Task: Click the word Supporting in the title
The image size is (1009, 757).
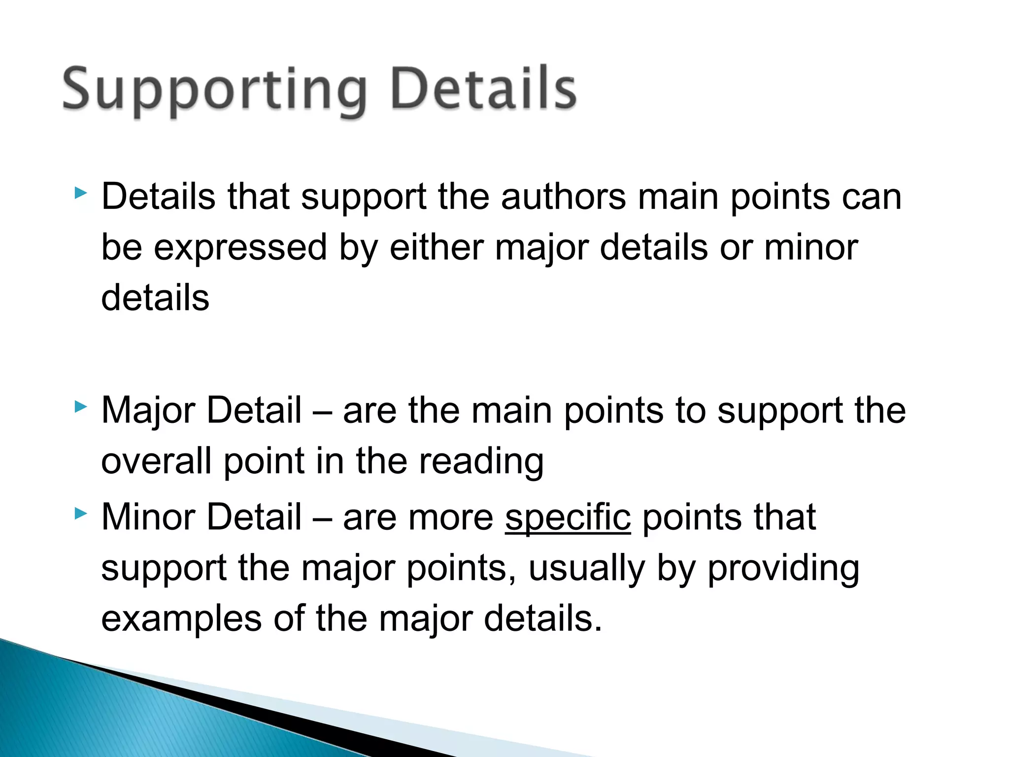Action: pos(214,91)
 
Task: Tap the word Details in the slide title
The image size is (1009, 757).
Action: pos(483,89)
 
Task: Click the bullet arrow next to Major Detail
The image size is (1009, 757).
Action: pos(80,407)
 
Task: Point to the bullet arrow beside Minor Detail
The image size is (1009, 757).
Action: pos(80,514)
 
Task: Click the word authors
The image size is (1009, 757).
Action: pos(564,197)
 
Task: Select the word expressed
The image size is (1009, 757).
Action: pos(240,248)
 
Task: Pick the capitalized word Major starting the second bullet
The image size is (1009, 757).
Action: pos(148,411)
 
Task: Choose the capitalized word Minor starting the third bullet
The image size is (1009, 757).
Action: pos(148,517)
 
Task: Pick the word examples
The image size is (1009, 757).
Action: pos(181,619)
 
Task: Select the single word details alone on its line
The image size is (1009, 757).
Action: pos(155,298)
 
